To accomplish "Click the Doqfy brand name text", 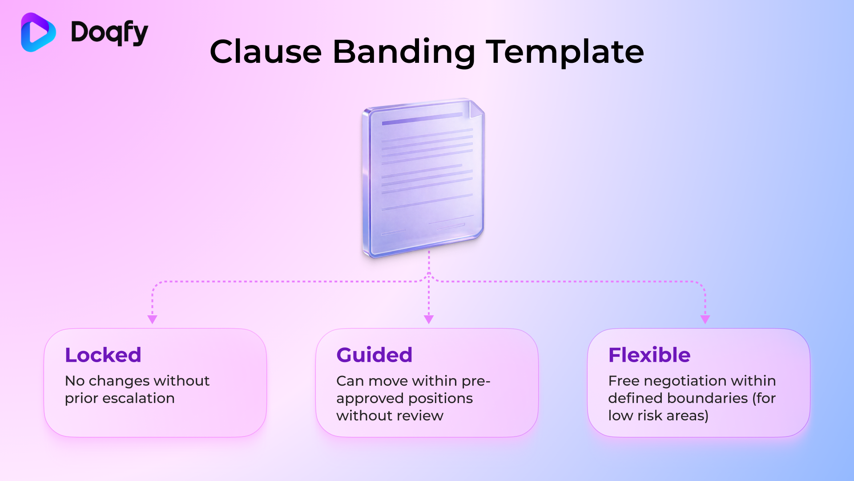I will tap(109, 33).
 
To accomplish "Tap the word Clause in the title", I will tap(266, 52).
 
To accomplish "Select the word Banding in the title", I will tap(404, 52).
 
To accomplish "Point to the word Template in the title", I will tap(564, 52).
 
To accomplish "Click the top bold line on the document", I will tap(422, 119).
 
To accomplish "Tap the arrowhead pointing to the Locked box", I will tap(152, 319).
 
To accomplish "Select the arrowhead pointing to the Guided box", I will tap(429, 319).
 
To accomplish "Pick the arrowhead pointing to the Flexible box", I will tap(705, 319).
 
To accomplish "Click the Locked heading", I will tap(103, 355).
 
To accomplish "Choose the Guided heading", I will tap(375, 355).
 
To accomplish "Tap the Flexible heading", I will tap(649, 355).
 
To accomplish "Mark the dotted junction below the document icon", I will tap(429, 279).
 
